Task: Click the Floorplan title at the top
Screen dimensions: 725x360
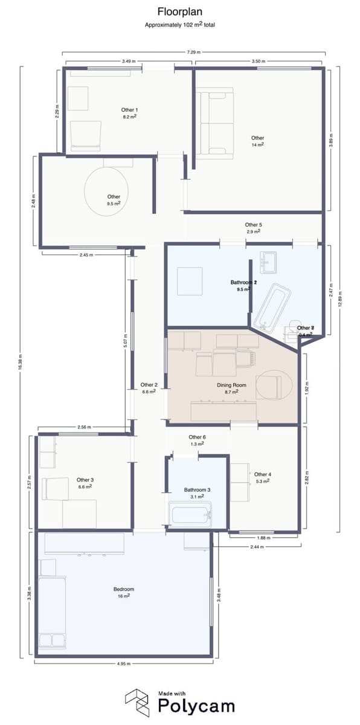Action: [x=180, y=11]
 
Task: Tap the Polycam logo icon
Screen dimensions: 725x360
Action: [x=137, y=702]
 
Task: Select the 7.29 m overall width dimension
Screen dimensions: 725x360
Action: [x=193, y=53]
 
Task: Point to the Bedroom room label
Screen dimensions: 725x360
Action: [x=123, y=589]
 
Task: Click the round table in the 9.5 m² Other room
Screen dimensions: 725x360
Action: [x=107, y=190]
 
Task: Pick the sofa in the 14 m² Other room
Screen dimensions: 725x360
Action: [x=214, y=124]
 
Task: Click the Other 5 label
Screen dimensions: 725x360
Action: [x=253, y=225]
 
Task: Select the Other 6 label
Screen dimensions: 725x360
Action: [x=198, y=437]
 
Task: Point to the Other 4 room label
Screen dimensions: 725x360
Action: [x=263, y=474]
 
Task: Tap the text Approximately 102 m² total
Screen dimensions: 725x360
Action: [x=180, y=25]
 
